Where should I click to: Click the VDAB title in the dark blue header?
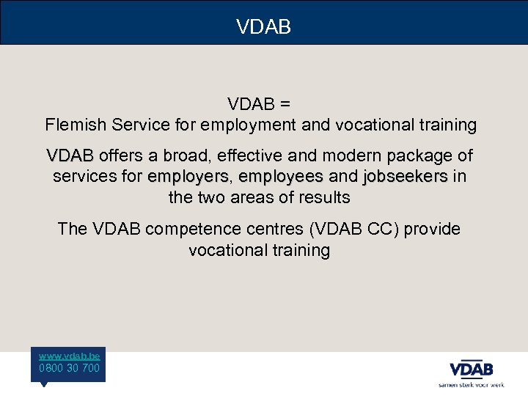pos(264,27)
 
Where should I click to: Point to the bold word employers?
pos(188,177)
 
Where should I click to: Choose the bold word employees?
pos(281,177)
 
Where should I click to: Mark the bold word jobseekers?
pos(405,177)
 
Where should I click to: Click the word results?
pos(324,197)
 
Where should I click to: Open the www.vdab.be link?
pos(70,355)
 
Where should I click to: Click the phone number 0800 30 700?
pos(70,368)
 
